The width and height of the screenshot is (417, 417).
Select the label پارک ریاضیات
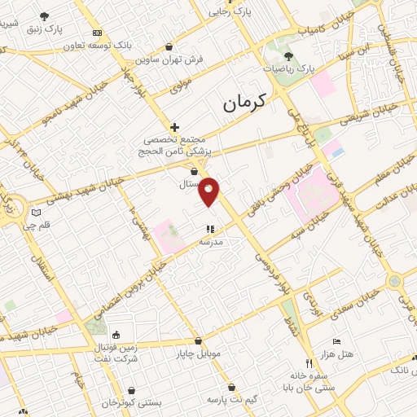[x=289, y=69]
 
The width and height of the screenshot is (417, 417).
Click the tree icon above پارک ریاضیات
[x=289, y=55]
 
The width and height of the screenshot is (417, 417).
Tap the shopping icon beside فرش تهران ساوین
[x=169, y=47]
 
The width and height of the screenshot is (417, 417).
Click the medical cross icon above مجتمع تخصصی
[x=174, y=126]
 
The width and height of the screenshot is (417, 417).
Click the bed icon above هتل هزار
[x=336, y=342]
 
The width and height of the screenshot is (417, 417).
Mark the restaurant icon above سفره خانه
[x=308, y=363]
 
